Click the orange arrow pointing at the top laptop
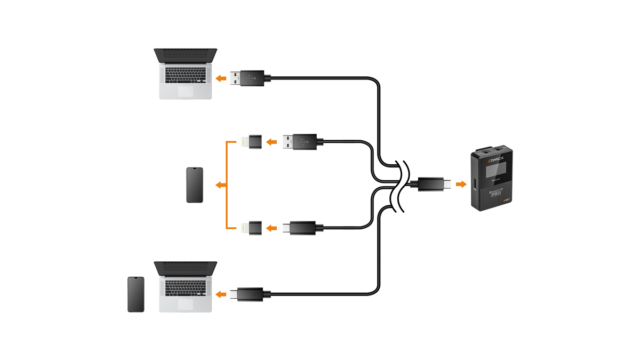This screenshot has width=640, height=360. (x=220, y=78)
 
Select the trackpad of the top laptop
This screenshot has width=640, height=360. (x=186, y=92)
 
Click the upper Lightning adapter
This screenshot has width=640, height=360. (x=250, y=142)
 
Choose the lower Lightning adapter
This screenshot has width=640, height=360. (x=250, y=228)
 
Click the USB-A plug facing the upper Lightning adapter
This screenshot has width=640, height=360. (x=301, y=142)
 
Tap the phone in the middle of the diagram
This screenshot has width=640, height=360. (x=195, y=185)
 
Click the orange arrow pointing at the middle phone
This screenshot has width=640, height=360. (x=219, y=185)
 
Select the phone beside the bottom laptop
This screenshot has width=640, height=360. (x=136, y=294)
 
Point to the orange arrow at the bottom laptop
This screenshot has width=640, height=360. (x=220, y=294)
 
